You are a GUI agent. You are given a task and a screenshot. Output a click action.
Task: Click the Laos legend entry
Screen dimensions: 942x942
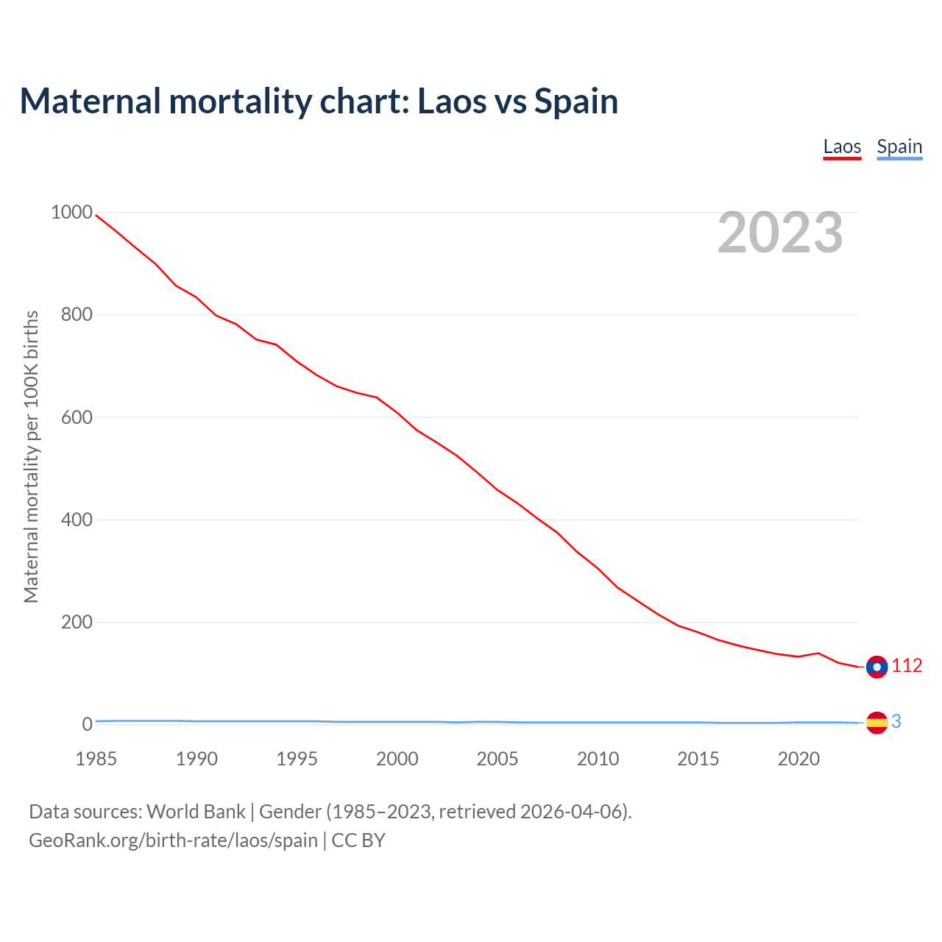[842, 147]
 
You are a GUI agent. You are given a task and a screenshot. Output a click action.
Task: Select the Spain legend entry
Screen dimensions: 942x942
[899, 147]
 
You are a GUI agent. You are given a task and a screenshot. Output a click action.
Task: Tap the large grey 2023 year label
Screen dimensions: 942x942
[780, 233]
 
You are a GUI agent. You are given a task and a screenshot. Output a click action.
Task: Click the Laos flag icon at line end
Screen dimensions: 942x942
[877, 667]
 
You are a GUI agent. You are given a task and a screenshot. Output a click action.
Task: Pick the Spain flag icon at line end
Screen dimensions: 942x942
[877, 723]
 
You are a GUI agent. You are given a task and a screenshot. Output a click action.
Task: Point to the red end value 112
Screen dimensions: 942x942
[907, 666]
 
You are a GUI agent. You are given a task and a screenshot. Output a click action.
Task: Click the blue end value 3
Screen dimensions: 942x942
[896, 722]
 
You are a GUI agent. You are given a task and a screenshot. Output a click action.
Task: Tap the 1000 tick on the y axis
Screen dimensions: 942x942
[71, 213]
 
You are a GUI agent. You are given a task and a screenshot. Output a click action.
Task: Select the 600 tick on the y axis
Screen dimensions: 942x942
[77, 417]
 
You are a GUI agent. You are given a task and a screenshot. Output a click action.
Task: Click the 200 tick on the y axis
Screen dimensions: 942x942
[77, 623]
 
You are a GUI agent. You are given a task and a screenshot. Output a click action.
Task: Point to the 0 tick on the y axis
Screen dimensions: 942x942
[88, 725]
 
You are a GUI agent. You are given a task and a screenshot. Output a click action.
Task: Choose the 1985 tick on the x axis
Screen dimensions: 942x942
[96, 759]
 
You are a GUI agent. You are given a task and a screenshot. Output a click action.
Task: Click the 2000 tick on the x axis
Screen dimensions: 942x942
[397, 759]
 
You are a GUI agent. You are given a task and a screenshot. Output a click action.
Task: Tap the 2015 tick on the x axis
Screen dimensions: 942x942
[698, 759]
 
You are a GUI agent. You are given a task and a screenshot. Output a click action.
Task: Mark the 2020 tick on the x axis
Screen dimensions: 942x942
[798, 759]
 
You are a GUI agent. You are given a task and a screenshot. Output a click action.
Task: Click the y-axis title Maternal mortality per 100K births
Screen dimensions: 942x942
[31, 456]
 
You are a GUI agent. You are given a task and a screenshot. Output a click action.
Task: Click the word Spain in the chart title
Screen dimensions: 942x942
[576, 102]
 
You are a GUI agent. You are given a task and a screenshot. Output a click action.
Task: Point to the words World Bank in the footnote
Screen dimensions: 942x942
[196, 812]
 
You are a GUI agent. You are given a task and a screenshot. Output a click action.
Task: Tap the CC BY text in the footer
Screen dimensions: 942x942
[358, 840]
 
